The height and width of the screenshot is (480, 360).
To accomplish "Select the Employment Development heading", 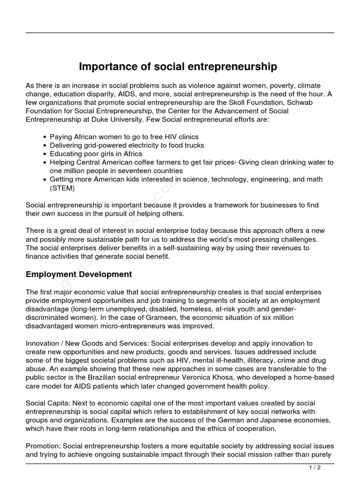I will pyautogui.click(x=79, y=274).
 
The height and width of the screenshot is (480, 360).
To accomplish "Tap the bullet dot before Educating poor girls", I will pyautogui.click(x=45, y=154).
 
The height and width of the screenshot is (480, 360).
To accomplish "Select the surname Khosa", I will pyautogui.click(x=232, y=377).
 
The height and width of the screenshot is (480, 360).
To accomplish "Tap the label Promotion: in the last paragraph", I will pyautogui.click(x=43, y=446).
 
